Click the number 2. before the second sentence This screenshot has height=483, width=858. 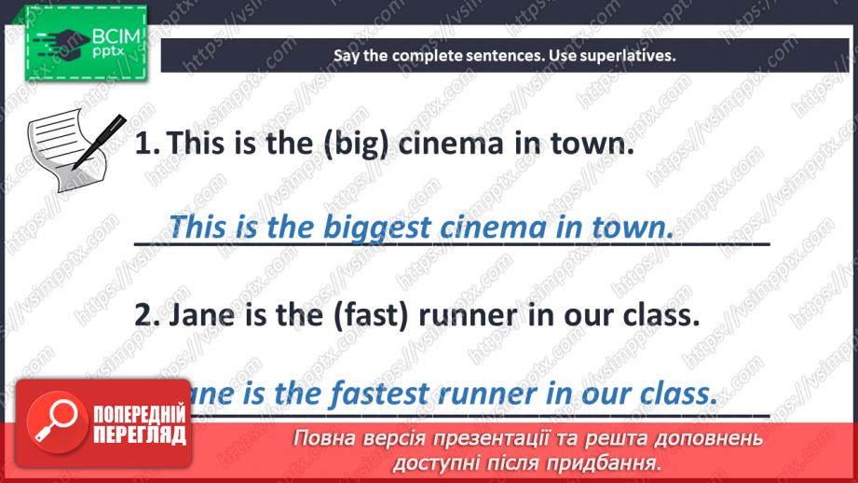[148, 316]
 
